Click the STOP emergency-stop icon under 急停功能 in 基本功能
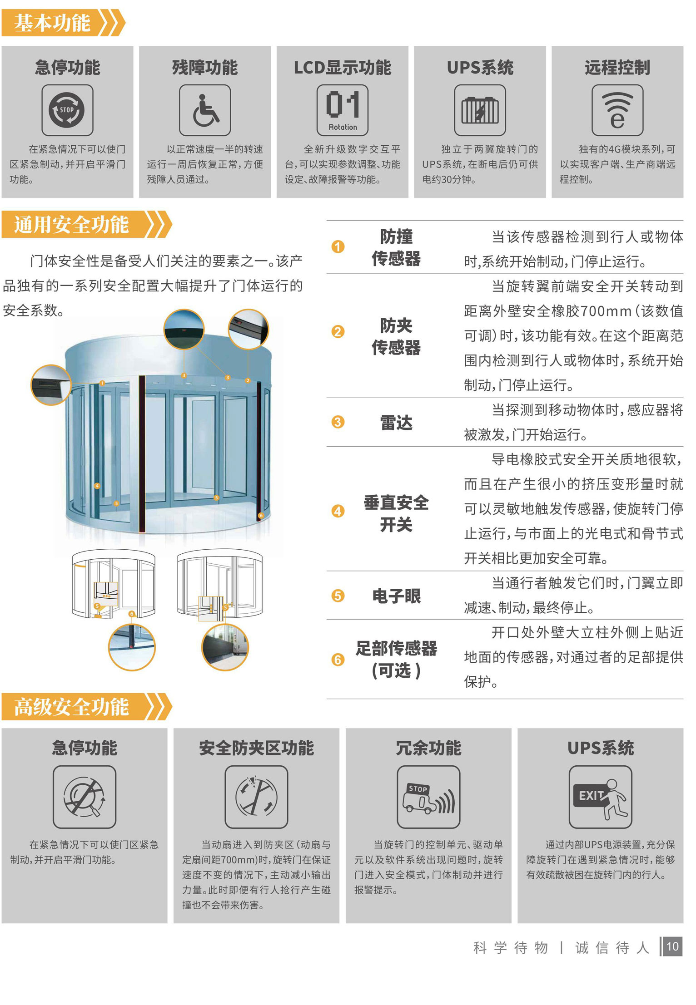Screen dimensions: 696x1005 click(x=67, y=110)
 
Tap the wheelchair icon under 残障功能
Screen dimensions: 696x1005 click(x=205, y=110)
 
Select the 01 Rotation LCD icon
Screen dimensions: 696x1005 click(x=343, y=110)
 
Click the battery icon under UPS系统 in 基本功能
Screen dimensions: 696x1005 click(x=480, y=110)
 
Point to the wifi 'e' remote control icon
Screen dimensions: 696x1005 click(x=617, y=110)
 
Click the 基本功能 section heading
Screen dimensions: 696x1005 click(x=52, y=23)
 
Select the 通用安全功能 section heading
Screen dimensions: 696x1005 click(x=71, y=224)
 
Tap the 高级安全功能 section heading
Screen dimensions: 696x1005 click(x=71, y=707)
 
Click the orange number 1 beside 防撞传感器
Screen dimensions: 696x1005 click(x=338, y=246)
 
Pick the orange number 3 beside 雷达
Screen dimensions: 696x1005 click(x=338, y=422)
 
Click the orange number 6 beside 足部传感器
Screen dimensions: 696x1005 click(x=338, y=659)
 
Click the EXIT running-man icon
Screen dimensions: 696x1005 click(x=600, y=797)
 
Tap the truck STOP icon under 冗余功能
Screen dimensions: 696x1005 click(x=428, y=797)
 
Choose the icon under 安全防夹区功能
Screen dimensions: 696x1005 click(x=256, y=797)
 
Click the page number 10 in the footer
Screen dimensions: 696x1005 click(x=672, y=946)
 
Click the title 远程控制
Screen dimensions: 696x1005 click(x=617, y=68)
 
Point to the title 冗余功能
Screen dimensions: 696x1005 click(x=428, y=748)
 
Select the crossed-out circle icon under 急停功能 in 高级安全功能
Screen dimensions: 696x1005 click(x=85, y=797)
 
